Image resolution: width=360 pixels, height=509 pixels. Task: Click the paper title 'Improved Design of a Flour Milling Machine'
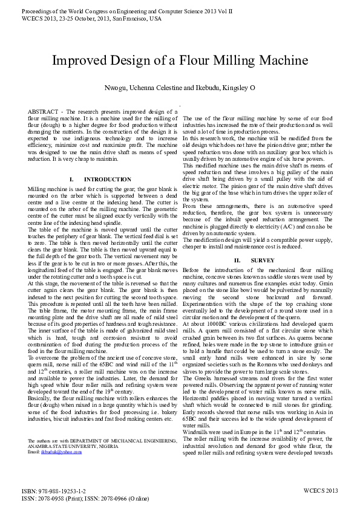180,61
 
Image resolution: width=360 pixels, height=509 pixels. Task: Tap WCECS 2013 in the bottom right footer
320,491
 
